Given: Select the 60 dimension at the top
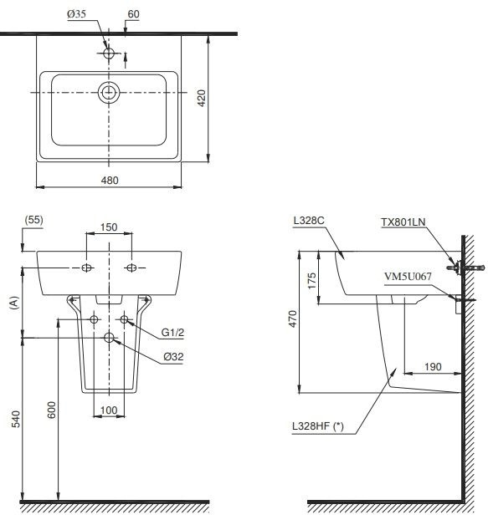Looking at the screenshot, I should pos(134,14).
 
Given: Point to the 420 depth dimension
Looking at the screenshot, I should pos(201,98).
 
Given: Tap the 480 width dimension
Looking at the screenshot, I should pos(110,180).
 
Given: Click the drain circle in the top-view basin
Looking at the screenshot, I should pos(109,92).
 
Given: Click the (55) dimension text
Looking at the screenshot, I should pos(33,220).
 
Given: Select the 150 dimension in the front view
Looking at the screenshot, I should pos(110,227).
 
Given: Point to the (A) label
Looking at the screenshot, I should pos(12,303).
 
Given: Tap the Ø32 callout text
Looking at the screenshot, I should pos(174,356).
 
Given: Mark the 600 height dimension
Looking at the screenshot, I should pos(51,410).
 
